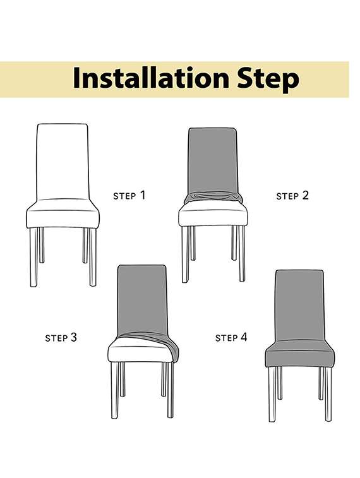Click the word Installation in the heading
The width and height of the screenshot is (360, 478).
click(x=150, y=79)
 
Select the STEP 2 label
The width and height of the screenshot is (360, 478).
click(x=292, y=196)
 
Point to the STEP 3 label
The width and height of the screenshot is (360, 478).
click(x=61, y=337)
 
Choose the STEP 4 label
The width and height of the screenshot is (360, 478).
click(x=231, y=337)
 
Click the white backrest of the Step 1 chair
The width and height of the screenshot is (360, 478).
click(x=62, y=160)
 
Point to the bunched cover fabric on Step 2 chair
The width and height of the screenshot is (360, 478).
click(x=213, y=198)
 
